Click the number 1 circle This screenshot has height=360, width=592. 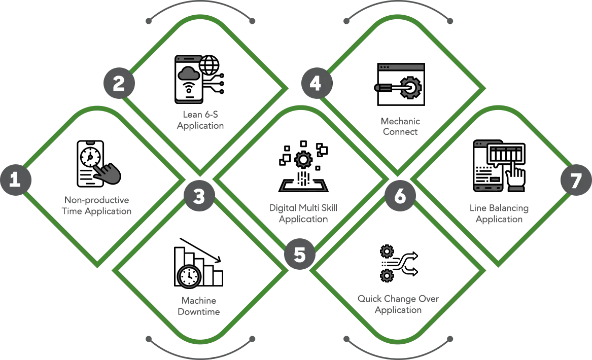[x=15, y=179]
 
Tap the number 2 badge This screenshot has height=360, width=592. [x=118, y=83]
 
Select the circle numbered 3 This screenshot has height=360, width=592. [x=198, y=196]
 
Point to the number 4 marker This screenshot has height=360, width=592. [x=315, y=83]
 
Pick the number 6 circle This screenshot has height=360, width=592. [x=400, y=196]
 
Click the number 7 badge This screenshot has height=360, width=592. [x=575, y=181]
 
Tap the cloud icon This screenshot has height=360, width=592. [x=188, y=75]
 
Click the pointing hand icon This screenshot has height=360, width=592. [x=108, y=174]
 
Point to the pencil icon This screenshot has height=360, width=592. [x=382, y=88]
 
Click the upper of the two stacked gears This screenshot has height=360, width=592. [x=387, y=250]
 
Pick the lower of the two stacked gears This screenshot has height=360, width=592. [x=387, y=276]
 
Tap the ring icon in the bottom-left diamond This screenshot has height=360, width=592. [x=189, y=276]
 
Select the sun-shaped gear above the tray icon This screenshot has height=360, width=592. [x=303, y=160]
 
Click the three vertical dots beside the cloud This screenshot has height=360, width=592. [x=225, y=83]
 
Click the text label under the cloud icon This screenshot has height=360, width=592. [x=200, y=119]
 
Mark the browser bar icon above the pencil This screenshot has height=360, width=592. [x=401, y=67]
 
